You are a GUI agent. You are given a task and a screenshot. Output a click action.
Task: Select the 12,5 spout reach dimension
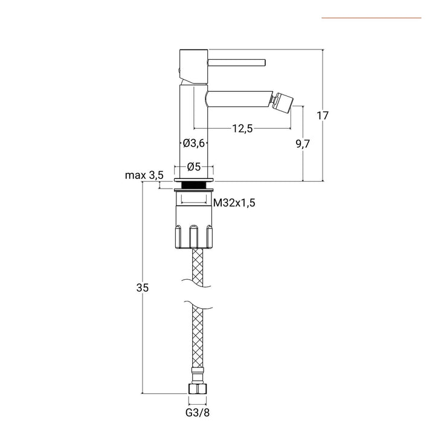[242, 127]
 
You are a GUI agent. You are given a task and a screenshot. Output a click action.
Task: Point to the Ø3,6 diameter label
[195, 143]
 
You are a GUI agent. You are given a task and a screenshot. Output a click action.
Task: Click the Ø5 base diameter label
[194, 166]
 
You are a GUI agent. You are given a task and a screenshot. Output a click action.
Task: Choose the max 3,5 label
[144, 175]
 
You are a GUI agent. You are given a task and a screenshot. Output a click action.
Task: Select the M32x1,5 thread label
[234, 203]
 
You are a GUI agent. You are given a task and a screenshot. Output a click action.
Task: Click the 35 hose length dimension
[142, 288]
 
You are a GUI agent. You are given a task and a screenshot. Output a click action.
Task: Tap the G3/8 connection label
[198, 413]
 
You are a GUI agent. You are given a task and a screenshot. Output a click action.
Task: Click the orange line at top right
[371, 18]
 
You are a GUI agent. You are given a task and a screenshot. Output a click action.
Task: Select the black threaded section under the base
[194, 185]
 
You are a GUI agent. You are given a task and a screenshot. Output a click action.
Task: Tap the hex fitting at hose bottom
[198, 389]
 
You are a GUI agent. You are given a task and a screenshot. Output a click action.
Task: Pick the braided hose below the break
[198, 338]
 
